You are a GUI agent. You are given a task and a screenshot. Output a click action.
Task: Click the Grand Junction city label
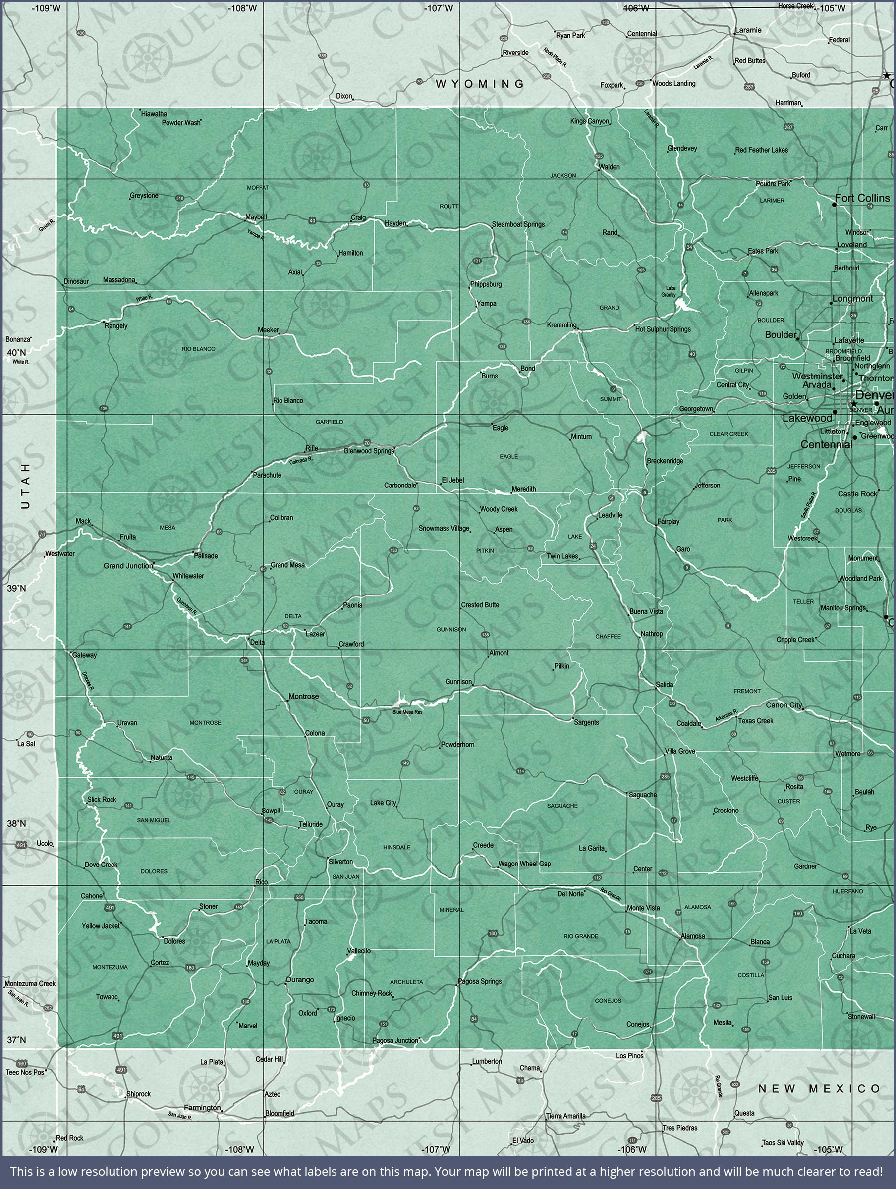pyautogui.click(x=128, y=566)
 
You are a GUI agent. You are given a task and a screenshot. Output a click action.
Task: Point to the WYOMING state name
pyautogui.click(x=480, y=84)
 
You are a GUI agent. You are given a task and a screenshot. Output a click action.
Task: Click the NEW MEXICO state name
pyautogui.click(x=819, y=1088)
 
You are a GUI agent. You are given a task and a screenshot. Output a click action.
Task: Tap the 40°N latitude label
pyautogui.click(x=16, y=353)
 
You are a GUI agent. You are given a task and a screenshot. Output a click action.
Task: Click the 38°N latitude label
pyautogui.click(x=16, y=823)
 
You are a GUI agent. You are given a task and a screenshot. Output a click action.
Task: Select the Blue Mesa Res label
pyautogui.click(x=407, y=712)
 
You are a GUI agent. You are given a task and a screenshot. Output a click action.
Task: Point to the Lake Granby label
pyautogui.click(x=670, y=291)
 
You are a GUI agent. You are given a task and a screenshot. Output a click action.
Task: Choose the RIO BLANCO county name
pyautogui.click(x=198, y=349)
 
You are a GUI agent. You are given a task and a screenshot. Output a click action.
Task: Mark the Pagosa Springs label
pyautogui.click(x=480, y=981)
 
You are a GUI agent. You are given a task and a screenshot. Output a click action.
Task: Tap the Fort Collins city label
pyautogui.click(x=862, y=198)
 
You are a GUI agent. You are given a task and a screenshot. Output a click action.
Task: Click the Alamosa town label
pyautogui.click(x=693, y=936)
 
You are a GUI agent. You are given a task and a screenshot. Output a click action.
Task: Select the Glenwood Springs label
pyautogui.click(x=369, y=451)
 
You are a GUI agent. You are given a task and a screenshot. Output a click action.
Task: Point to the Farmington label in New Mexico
pyautogui.click(x=202, y=1107)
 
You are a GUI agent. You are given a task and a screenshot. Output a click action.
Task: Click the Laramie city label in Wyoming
pyautogui.click(x=748, y=30)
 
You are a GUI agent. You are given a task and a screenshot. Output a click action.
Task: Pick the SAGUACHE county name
pyautogui.click(x=562, y=805)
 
